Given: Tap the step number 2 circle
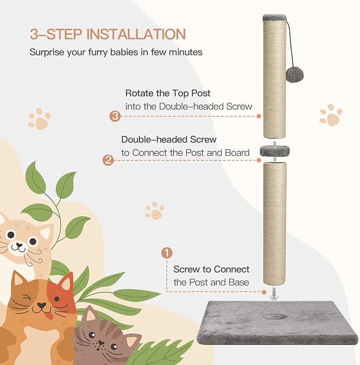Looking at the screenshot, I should (108, 159).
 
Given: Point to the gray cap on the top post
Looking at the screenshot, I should (275, 17).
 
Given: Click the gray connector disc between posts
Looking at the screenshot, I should (274, 152).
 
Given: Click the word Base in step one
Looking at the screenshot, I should (238, 282).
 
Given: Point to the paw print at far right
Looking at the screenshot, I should (330, 115).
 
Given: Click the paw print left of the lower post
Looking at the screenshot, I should (154, 210).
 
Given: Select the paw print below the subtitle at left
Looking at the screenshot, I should (39, 119).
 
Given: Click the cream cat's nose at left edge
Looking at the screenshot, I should (19, 246).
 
